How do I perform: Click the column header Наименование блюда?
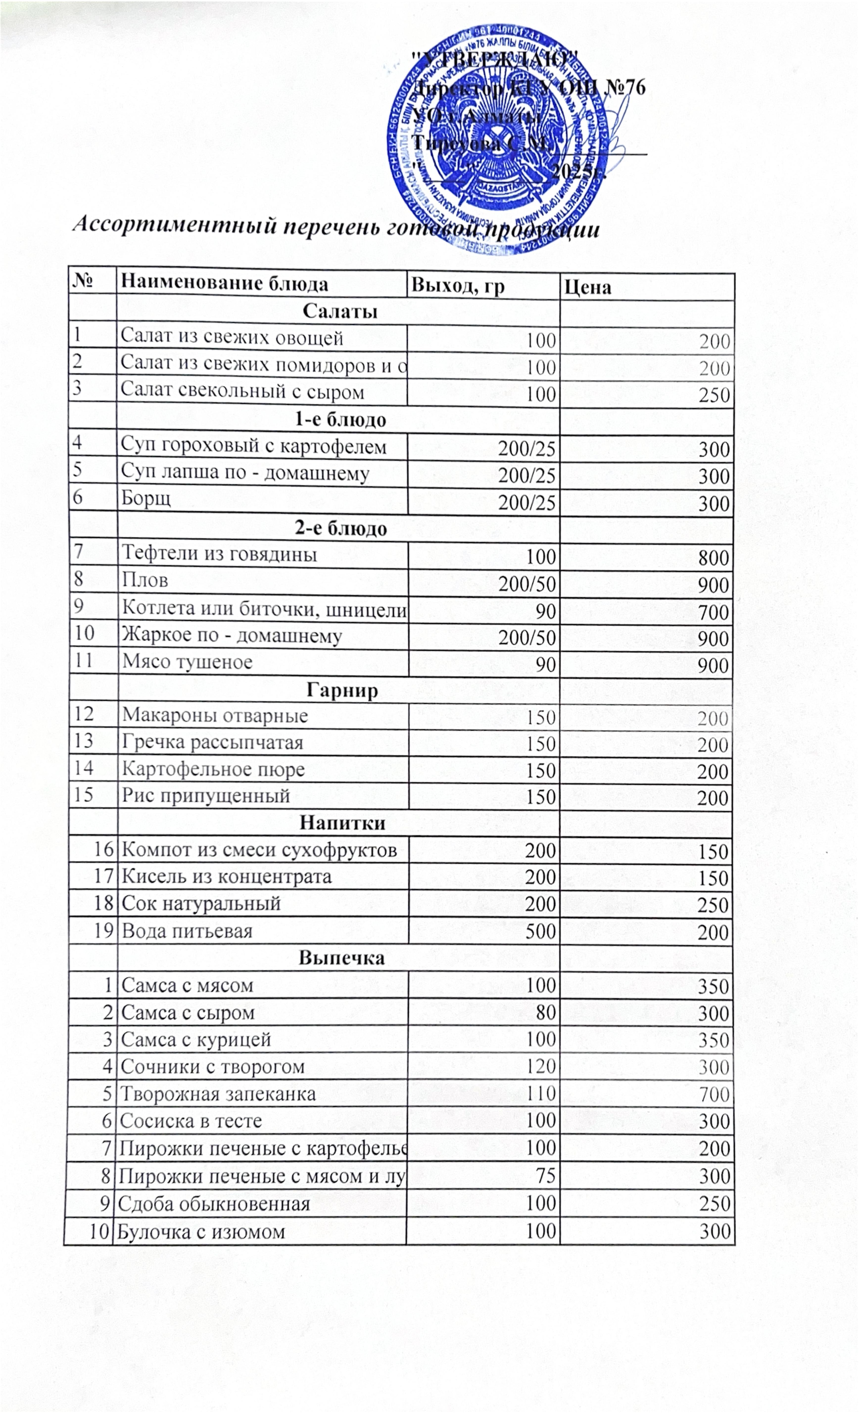point(225,284)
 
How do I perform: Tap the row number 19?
point(103,930)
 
